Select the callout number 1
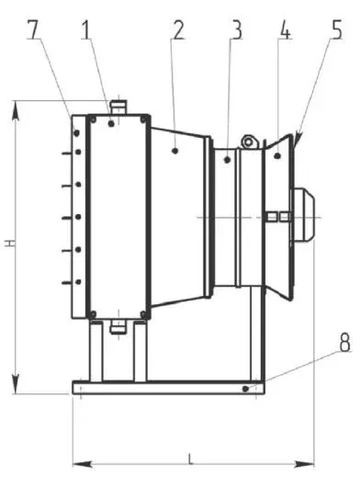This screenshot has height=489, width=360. pyautogui.click(x=87, y=29)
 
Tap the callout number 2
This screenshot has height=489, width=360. pyautogui.click(x=177, y=29)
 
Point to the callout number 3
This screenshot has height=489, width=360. pyautogui.click(x=237, y=29)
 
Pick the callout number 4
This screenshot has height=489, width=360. pyautogui.click(x=285, y=29)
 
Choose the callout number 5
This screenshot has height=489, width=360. pyautogui.click(x=336, y=29)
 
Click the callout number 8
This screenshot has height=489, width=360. pyautogui.click(x=344, y=342)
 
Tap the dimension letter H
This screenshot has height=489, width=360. pyautogui.click(x=10, y=244)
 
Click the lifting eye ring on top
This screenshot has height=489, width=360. pyautogui.click(x=248, y=142)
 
